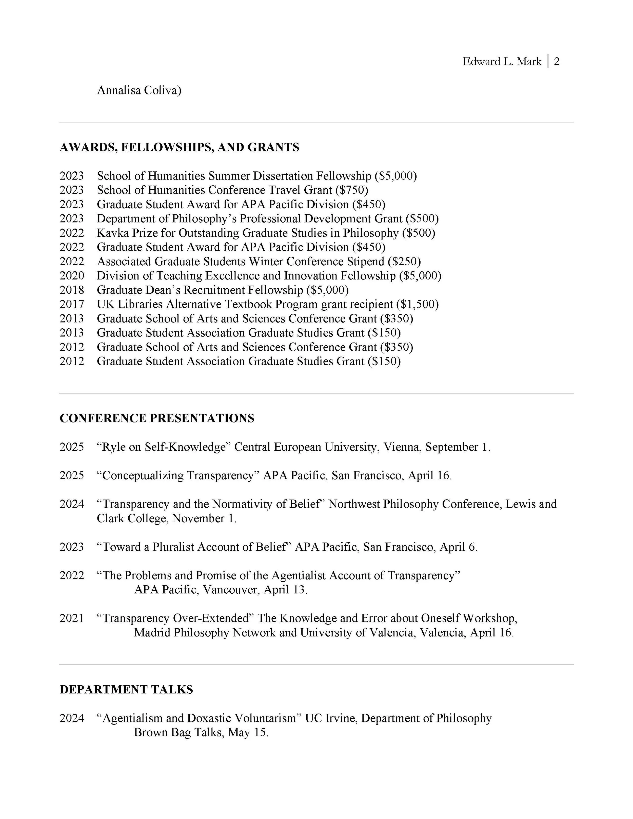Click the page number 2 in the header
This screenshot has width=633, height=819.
click(x=557, y=62)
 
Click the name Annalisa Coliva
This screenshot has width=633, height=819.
click(x=139, y=90)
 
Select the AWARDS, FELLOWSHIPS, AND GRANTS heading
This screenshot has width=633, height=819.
click(x=179, y=147)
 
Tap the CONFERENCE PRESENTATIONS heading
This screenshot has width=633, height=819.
click(x=157, y=418)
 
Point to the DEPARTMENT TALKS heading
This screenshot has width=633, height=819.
click(x=126, y=689)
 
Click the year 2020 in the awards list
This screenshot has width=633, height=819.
click(x=72, y=276)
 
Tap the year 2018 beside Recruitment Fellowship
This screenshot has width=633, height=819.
click(x=72, y=290)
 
